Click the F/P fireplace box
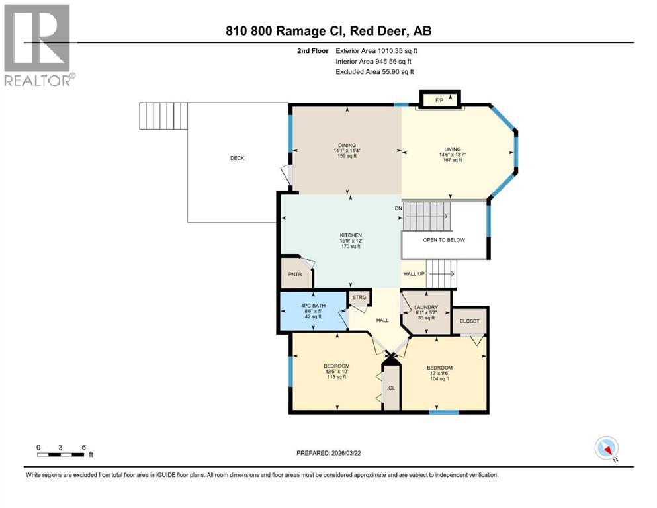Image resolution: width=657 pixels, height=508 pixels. click(438, 100)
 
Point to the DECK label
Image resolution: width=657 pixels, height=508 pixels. click(238, 158)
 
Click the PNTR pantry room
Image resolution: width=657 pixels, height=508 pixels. click(291, 273)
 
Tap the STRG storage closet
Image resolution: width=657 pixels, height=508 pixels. click(359, 298)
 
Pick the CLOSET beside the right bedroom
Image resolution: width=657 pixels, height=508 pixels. click(469, 321)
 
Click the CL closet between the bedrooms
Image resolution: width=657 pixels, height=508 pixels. click(392, 388)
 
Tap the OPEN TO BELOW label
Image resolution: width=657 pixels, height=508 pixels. click(444, 240)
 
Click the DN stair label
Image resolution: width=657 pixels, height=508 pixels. click(398, 208)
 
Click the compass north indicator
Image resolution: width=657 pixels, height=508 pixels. click(607, 448)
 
